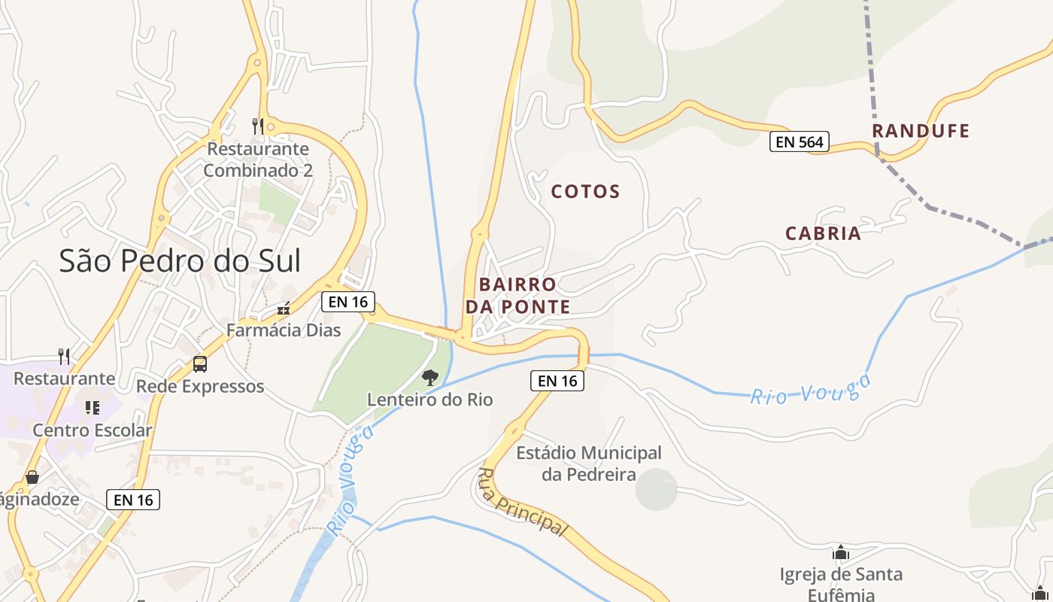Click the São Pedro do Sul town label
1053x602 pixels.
[x=180, y=261]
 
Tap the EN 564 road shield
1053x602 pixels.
[x=799, y=141]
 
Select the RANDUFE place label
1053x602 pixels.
[x=921, y=131]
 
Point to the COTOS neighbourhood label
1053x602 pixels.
[x=585, y=192]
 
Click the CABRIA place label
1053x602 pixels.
[x=823, y=234]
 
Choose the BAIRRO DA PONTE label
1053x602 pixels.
[x=517, y=296]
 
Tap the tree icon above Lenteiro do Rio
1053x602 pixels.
[x=429, y=377]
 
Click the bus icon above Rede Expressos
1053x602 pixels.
[x=200, y=364]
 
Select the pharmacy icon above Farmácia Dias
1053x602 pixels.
[x=284, y=309]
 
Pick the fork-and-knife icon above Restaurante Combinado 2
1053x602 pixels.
[x=258, y=126]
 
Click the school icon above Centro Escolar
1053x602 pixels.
[x=93, y=408]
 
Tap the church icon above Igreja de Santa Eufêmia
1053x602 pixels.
[x=841, y=553]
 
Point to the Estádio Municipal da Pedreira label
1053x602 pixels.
[x=589, y=464]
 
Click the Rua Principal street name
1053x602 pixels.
[x=521, y=503]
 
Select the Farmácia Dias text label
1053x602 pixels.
[x=284, y=330]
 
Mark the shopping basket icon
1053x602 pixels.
[x=32, y=477]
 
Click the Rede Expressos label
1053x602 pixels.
[x=200, y=387]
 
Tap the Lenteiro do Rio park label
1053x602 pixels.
[x=429, y=400]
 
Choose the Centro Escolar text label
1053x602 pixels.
[x=93, y=431]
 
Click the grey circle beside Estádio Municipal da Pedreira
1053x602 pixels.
[x=657, y=489]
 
